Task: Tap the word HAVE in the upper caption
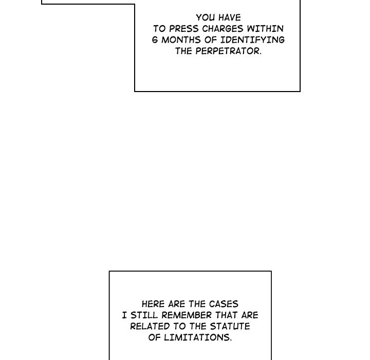pos(229,17)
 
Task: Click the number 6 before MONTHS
pos(155,40)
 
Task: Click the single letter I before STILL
pos(124,315)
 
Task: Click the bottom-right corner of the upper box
pos(300,91)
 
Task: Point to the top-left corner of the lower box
pos(109,272)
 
